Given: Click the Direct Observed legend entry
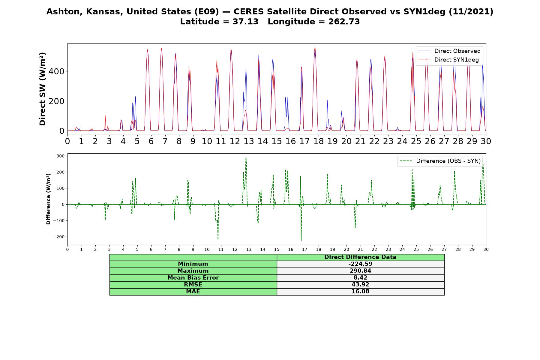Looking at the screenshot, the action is [449, 51].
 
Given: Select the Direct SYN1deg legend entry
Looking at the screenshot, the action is [448, 60].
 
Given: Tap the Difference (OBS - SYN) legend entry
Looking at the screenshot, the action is [440, 161].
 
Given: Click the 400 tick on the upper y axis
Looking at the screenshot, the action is [58, 71].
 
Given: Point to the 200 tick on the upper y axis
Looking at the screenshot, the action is [58, 101].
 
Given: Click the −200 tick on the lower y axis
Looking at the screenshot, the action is [59, 237].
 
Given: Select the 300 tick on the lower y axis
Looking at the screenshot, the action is [61, 156].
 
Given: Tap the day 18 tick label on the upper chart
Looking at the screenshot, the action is [318, 141].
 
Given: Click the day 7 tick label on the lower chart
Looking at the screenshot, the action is [165, 249].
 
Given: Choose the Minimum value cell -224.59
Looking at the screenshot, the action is [360, 264].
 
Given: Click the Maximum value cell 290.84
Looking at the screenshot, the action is [360, 271].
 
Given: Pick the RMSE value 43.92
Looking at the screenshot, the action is [360, 285].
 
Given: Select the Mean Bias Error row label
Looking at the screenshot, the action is [193, 278].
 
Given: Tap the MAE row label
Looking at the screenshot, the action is [193, 292].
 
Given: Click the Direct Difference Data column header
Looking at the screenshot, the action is [360, 257].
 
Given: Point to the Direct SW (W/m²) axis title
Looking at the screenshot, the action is [42, 89].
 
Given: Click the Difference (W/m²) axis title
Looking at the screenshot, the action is [48, 199].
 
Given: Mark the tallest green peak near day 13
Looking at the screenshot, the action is [246, 157].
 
